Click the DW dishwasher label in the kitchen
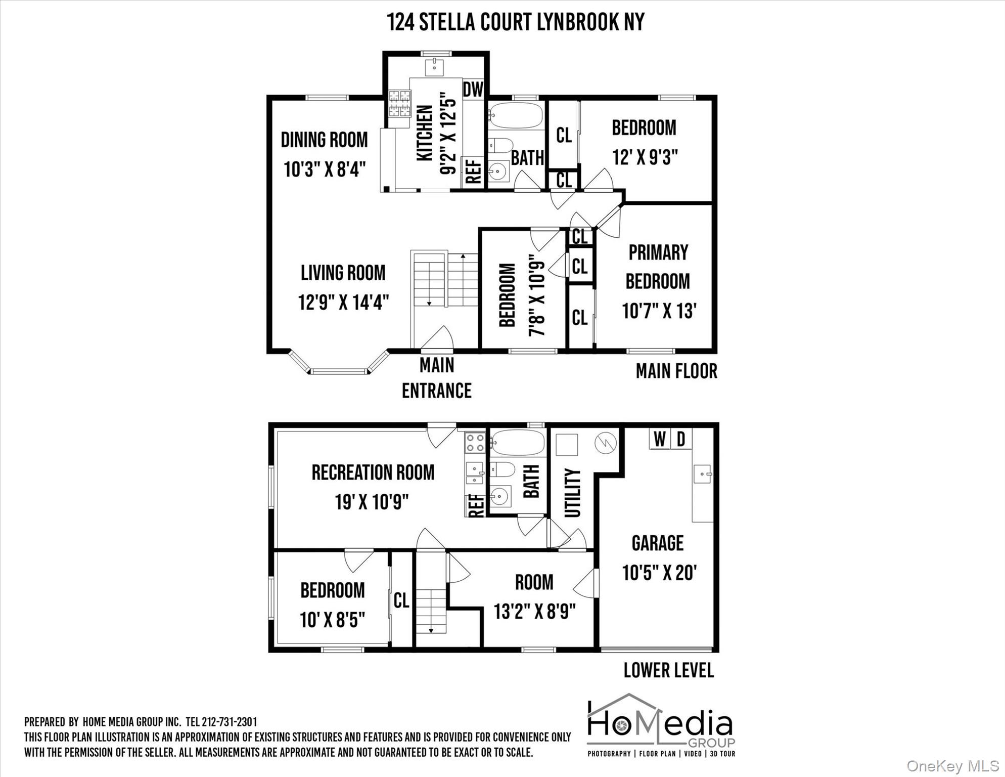(473, 90)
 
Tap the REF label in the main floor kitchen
(474, 172)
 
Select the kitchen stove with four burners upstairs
(399, 103)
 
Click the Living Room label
(343, 273)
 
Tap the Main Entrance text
(437, 378)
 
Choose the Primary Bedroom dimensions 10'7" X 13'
(659, 311)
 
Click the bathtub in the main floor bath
(516, 116)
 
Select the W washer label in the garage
(659, 439)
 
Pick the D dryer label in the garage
(681, 439)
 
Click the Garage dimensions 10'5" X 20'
(659, 573)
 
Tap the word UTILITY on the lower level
(572, 493)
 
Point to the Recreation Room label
(373, 472)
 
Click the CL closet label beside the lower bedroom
(401, 600)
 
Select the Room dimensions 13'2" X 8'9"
(535, 612)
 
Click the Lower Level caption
(668, 670)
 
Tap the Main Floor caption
(676, 371)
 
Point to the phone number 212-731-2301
(230, 722)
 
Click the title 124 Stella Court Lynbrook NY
(516, 22)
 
